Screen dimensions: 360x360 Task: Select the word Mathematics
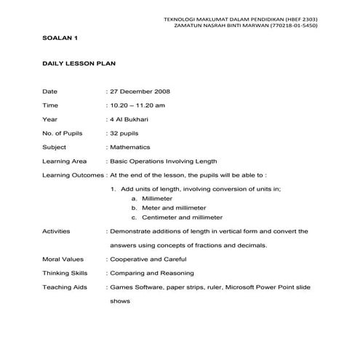pyautogui.click(x=132, y=147)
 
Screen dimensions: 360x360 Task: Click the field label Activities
pyautogui.click(x=57, y=231)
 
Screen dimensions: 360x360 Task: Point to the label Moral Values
pyautogui.click(x=63, y=259)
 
